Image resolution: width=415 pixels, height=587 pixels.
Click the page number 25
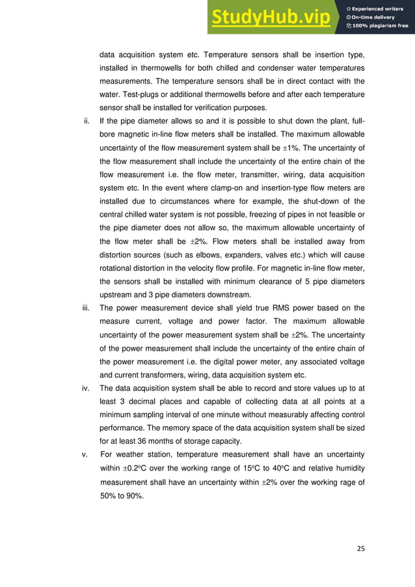pos(361,547)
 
